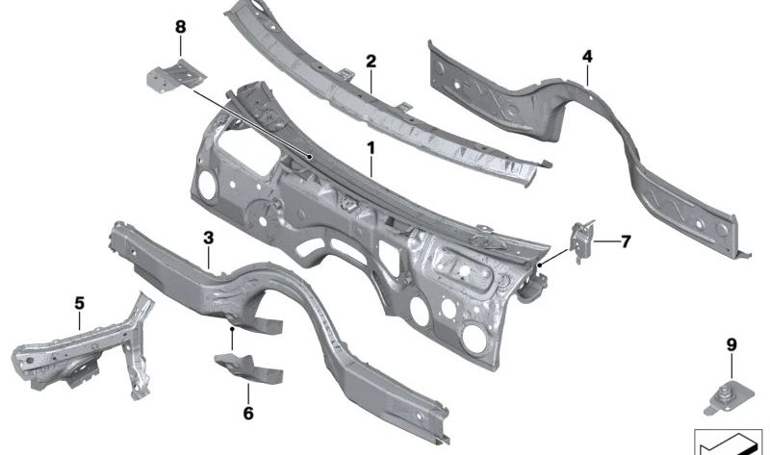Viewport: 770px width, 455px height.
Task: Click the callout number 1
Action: coord(371,147)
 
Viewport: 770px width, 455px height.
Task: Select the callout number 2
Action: coord(371,62)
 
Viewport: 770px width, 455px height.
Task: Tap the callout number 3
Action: coord(209,239)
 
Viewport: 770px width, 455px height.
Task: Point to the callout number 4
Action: coord(587,57)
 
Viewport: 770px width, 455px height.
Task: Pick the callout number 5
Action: coord(80,303)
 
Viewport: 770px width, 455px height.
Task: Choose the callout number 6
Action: coord(248,414)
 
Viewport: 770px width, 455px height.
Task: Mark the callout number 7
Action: coord(625,241)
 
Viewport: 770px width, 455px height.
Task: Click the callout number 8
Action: coord(181,27)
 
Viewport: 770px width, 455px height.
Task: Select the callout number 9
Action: coord(731,345)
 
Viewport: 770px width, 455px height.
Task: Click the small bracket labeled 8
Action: coord(176,75)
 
